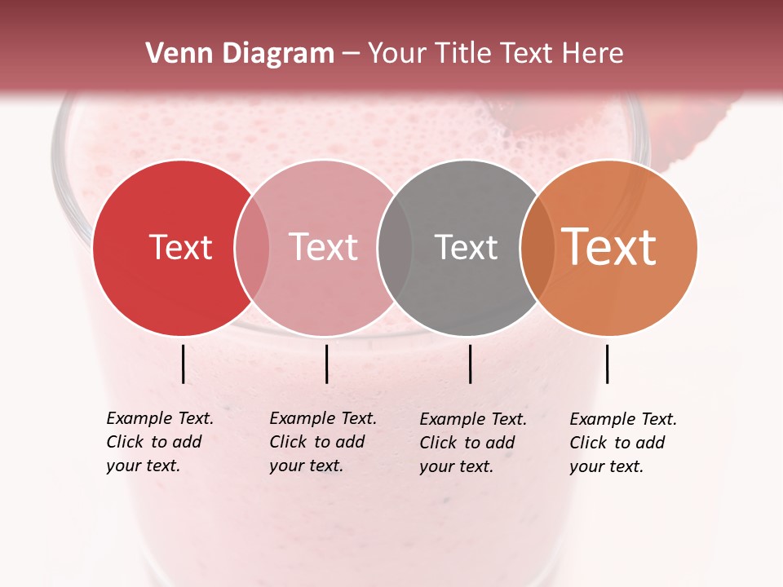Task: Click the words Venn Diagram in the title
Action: click(x=240, y=54)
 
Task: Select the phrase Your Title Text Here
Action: click(x=495, y=54)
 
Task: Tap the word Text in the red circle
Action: click(x=180, y=247)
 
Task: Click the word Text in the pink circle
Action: click(x=323, y=247)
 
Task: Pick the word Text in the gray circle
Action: click(x=466, y=247)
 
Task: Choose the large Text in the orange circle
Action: click(x=609, y=247)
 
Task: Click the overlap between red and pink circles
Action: click(x=252, y=248)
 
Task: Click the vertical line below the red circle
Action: click(x=183, y=364)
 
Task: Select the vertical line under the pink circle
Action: click(x=326, y=364)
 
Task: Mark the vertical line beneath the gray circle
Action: click(x=470, y=364)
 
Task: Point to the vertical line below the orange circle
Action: click(x=607, y=364)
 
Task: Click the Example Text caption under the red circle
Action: click(x=159, y=442)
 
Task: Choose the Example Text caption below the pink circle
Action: click(x=322, y=442)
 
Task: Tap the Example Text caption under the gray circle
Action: click(x=473, y=443)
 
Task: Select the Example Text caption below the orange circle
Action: click(x=622, y=443)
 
